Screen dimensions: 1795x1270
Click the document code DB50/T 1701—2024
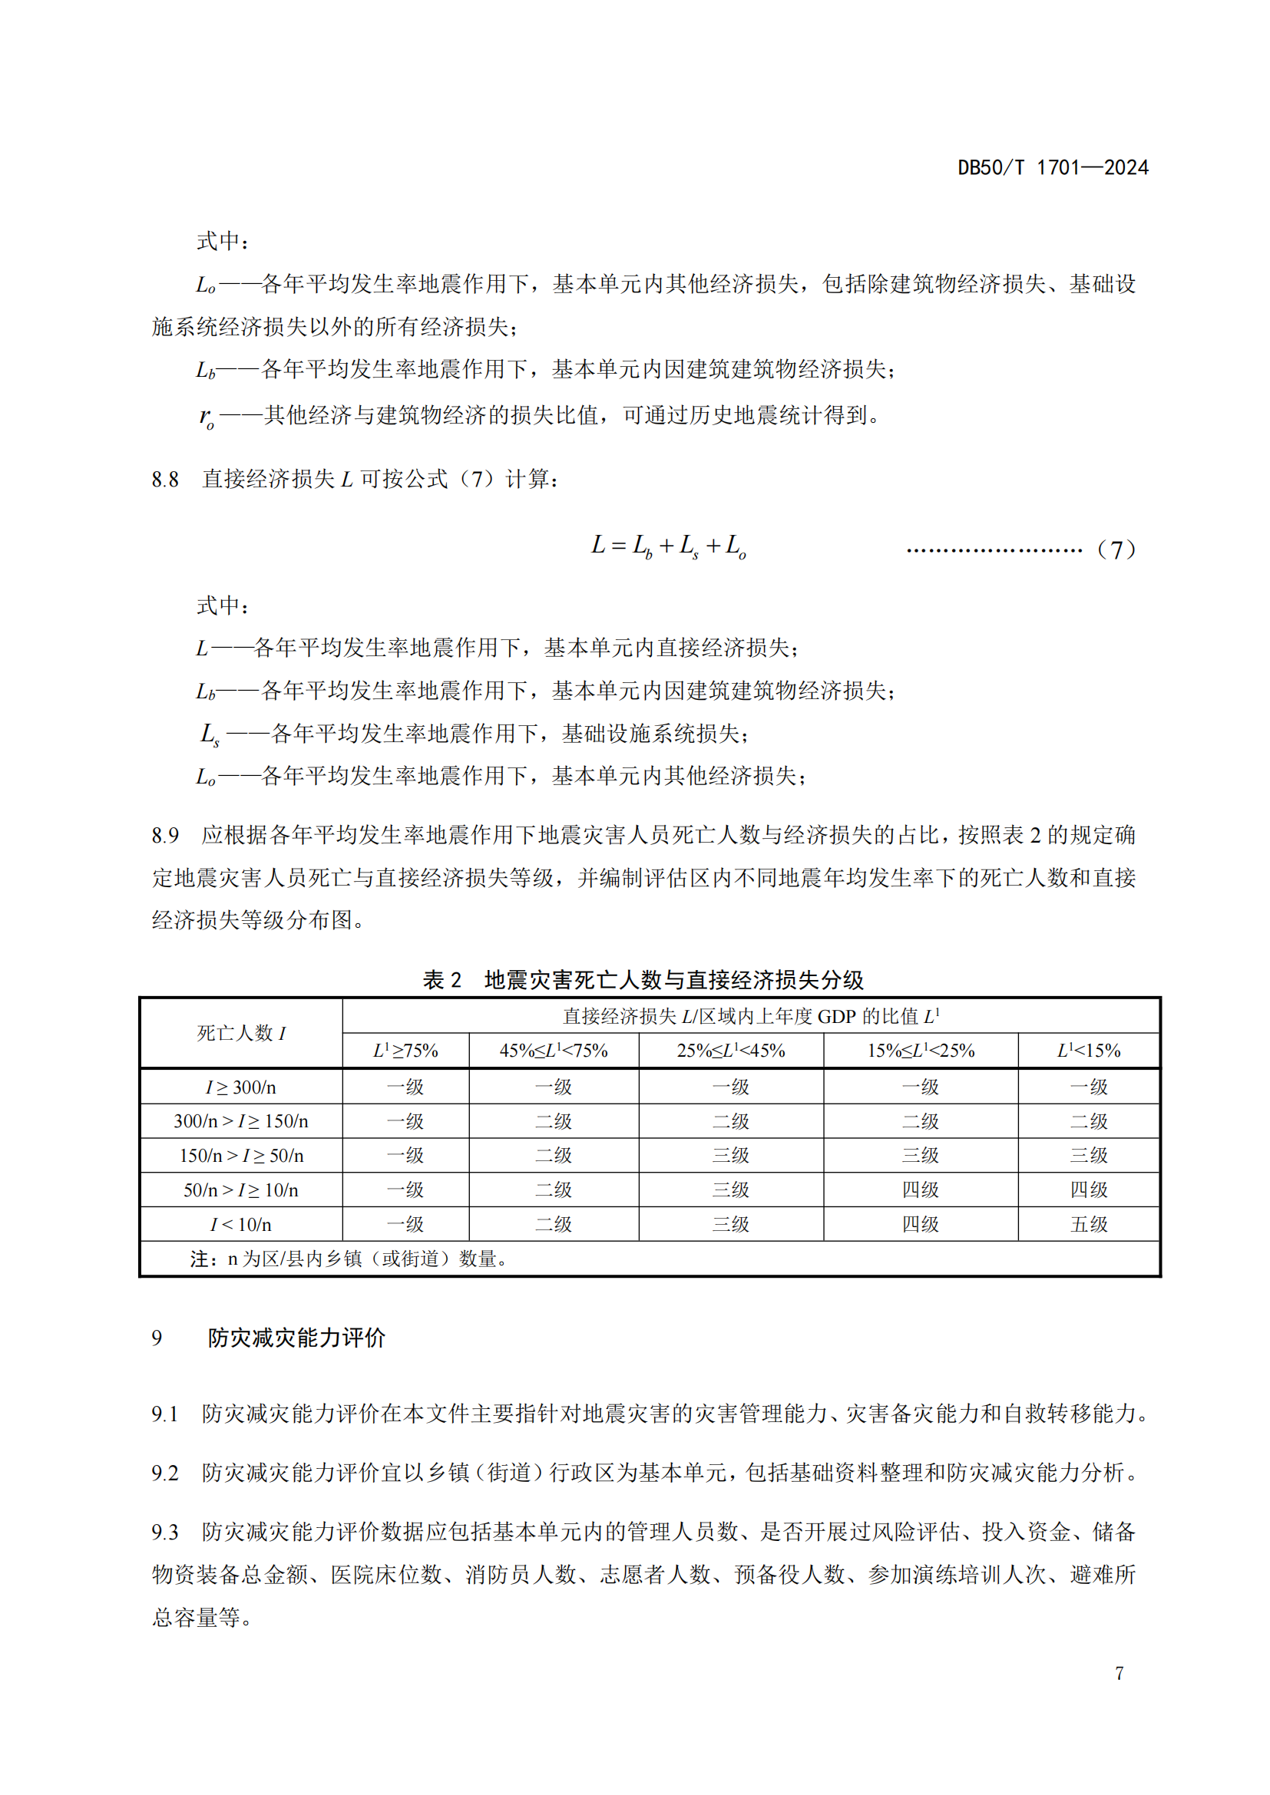(x=1053, y=167)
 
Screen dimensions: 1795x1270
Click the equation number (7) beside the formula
(x=1116, y=549)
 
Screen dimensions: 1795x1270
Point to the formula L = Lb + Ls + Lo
(x=669, y=546)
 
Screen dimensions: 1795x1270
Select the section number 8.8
(x=165, y=479)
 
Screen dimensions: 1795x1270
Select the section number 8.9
(x=165, y=836)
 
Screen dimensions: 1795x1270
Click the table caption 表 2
(x=442, y=979)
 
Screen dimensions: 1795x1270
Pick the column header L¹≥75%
(x=405, y=1051)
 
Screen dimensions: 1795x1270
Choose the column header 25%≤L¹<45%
(x=730, y=1051)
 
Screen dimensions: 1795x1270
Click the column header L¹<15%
(x=1089, y=1051)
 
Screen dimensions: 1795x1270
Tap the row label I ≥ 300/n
(x=241, y=1087)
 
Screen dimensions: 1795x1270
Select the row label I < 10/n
(x=241, y=1224)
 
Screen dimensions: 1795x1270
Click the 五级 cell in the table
(x=1089, y=1224)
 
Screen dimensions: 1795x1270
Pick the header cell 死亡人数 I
(x=241, y=1033)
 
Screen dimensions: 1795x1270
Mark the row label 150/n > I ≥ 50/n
(x=241, y=1156)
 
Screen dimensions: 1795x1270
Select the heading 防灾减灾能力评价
(x=296, y=1338)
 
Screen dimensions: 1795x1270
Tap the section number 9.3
(x=165, y=1532)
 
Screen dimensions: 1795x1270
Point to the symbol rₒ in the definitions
(x=207, y=417)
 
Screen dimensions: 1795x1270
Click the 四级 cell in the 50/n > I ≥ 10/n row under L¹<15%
(x=1089, y=1190)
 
